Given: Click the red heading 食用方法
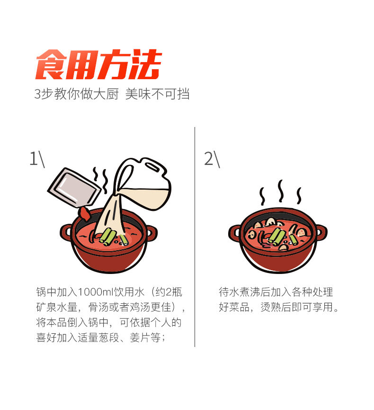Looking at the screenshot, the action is coord(99,64).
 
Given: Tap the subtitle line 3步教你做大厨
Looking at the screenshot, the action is coord(76,94).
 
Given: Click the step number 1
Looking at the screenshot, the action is coord(33,158).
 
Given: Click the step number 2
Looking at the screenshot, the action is coord(209,158).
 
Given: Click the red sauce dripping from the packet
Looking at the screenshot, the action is coord(84,213).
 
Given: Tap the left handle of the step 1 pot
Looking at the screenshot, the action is coord(65,232).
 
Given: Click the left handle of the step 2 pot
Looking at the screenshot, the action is coord(234,232).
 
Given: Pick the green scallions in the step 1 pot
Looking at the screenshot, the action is coord(109,237).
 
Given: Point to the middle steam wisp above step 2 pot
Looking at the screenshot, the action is coord(281,191).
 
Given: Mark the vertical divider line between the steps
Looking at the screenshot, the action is coord(195,237).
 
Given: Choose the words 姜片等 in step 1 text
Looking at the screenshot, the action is coord(145,337).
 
